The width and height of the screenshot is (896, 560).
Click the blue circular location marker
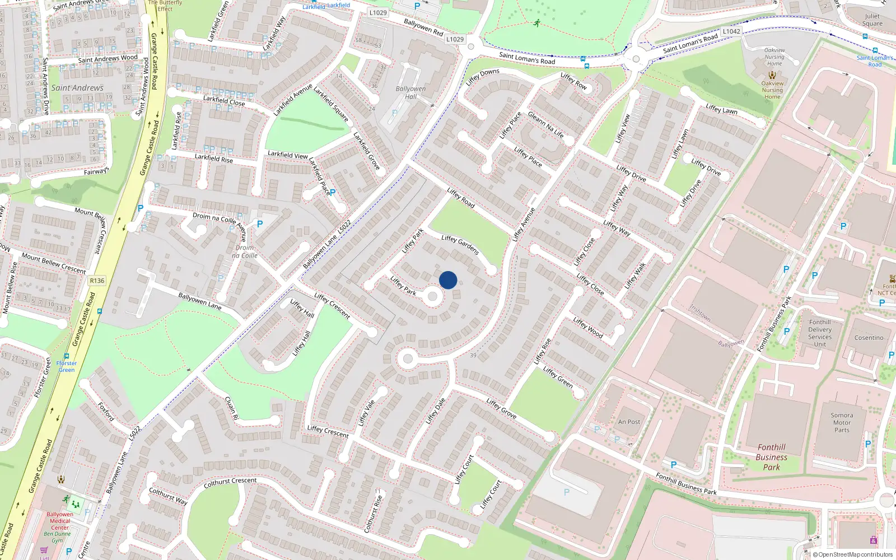[x=448, y=280]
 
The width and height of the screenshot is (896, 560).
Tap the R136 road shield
[x=97, y=281]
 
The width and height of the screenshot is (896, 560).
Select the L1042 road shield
[x=731, y=31]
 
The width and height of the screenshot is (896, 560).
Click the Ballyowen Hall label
[x=410, y=92]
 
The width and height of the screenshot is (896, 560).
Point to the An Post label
[x=629, y=422]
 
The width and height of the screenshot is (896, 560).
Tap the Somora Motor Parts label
[x=842, y=423]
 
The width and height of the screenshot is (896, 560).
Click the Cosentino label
[x=869, y=338]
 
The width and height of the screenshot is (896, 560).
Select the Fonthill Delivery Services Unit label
[x=820, y=333]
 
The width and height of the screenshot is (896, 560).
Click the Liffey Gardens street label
[x=460, y=245]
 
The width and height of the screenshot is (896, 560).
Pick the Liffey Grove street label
[x=501, y=409]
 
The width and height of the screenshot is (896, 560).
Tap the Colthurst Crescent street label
[x=230, y=482]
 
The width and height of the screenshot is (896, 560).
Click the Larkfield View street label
[x=287, y=155]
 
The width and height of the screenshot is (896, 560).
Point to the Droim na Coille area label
[x=245, y=251]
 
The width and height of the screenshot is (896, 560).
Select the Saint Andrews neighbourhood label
[x=77, y=88]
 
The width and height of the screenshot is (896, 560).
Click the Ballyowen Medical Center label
[x=60, y=521]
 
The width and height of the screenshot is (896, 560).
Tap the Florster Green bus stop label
[x=67, y=366]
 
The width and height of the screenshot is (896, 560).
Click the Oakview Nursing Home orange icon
[x=772, y=74]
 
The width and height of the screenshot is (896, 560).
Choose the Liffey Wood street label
[x=588, y=328]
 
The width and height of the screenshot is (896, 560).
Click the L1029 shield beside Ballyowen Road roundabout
[x=455, y=39]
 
